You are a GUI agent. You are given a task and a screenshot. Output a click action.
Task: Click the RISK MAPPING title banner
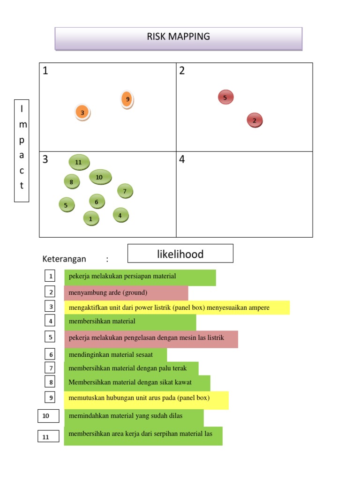178,37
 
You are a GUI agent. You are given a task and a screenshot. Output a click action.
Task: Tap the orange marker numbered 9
127,99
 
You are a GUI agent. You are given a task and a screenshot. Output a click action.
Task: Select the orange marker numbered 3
82,112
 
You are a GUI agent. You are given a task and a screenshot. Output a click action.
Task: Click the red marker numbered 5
225,97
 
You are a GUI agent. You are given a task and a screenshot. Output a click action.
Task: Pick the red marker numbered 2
255,120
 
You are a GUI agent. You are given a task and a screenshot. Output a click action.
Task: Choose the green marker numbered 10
100,177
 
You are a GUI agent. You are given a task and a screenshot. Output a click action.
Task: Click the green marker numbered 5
67,205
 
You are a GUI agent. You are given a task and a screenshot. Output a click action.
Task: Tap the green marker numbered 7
125,191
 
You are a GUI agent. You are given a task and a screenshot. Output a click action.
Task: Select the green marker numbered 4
120,215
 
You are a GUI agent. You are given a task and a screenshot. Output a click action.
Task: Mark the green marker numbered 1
91,218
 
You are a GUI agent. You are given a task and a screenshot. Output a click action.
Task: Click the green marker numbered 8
72,181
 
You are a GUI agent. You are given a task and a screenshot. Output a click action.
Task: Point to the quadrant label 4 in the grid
182,160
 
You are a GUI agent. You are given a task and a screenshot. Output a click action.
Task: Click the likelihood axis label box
180,254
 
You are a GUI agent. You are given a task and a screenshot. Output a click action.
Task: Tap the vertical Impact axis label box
22,150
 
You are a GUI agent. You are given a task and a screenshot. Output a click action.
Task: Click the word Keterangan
64,259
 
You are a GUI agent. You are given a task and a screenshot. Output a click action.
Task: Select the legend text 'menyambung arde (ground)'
108,293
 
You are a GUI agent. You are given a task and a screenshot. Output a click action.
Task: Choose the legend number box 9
50,397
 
